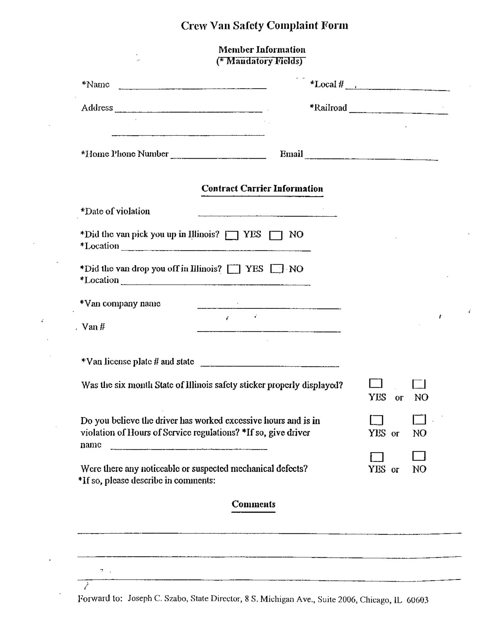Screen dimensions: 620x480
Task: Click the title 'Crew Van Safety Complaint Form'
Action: [264, 25]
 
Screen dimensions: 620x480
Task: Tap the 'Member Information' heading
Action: [262, 49]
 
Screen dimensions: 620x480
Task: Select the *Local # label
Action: [327, 84]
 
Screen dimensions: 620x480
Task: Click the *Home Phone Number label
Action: [125, 154]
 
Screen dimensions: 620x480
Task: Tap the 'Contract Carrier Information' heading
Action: [262, 188]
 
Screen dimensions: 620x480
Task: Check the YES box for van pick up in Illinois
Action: [232, 235]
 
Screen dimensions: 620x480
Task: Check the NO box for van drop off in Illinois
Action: [277, 269]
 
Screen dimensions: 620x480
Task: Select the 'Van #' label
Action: [93, 327]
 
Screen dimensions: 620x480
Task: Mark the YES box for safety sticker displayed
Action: [376, 383]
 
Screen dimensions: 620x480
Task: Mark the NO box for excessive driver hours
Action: [419, 420]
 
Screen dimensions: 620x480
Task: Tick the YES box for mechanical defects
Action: [376, 457]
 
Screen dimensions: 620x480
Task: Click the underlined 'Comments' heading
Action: [253, 504]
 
